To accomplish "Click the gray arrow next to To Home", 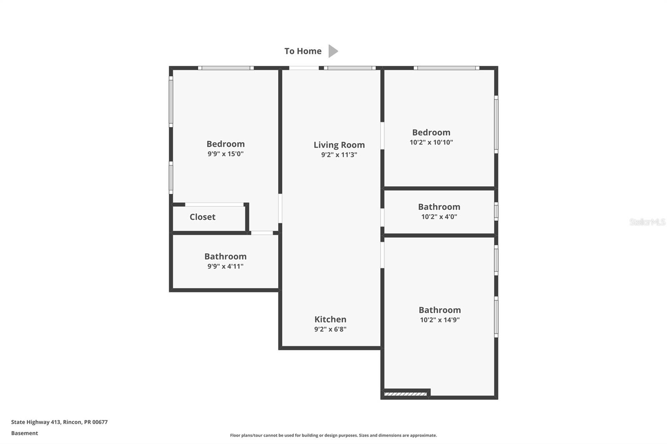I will tap(333, 51).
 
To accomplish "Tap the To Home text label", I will tap(303, 51).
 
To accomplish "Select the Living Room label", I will tap(339, 145).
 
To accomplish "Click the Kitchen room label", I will tap(330, 319).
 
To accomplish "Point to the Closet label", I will tap(203, 217).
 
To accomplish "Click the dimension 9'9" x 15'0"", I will tap(226, 154).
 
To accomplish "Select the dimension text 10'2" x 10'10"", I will tap(431, 142).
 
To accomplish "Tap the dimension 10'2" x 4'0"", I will tap(439, 217).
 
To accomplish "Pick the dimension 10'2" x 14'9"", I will tap(439, 320).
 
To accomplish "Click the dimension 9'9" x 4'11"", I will tap(226, 267).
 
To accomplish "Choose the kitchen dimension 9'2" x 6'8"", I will tap(330, 329).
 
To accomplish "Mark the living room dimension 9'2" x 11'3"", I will tap(339, 155).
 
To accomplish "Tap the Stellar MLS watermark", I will tap(647, 222).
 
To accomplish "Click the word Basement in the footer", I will tap(25, 433).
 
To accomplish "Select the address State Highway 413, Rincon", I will tap(59, 422).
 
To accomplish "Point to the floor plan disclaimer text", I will tap(333, 435).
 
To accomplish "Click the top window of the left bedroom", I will tap(226, 68).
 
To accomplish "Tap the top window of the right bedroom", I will tap(446, 68).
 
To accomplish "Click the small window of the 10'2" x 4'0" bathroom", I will tap(496, 211).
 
